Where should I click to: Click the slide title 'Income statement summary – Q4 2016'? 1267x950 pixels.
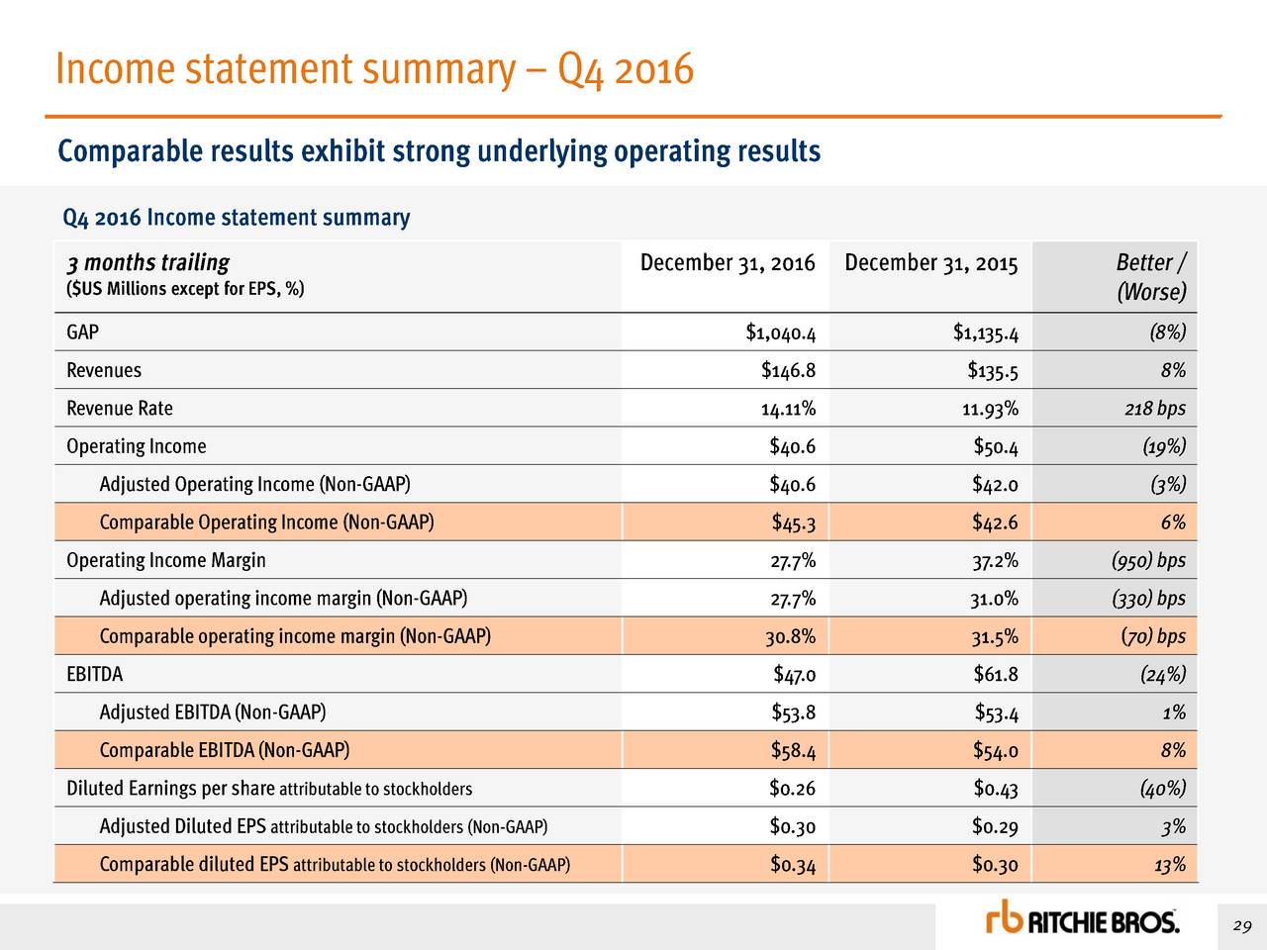pyautogui.click(x=374, y=69)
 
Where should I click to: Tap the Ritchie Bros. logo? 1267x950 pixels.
pyautogui.click(x=1082, y=921)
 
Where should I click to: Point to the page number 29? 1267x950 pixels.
pyautogui.click(x=1242, y=926)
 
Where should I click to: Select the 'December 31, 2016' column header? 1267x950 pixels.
pyautogui.click(x=728, y=263)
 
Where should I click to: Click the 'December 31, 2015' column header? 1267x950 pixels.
pyautogui.click(x=930, y=263)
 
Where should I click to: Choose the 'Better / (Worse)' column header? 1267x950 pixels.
pyautogui.click(x=1150, y=277)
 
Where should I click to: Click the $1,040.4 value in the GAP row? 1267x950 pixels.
pyautogui.click(x=780, y=332)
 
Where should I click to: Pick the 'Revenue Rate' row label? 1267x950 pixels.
pyautogui.click(x=120, y=409)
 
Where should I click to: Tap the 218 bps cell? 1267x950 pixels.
pyautogui.click(x=1155, y=409)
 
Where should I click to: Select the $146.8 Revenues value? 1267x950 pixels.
pyautogui.click(x=788, y=371)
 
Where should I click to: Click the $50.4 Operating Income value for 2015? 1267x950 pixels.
pyautogui.click(x=995, y=447)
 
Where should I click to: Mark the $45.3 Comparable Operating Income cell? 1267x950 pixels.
pyautogui.click(x=793, y=522)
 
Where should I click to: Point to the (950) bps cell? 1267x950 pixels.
pyautogui.click(x=1148, y=561)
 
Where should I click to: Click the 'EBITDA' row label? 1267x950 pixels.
pyautogui.click(x=95, y=675)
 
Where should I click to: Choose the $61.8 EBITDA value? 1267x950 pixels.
pyautogui.click(x=995, y=675)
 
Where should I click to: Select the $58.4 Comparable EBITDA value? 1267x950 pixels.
pyautogui.click(x=793, y=751)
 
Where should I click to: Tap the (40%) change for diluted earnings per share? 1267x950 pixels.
pyautogui.click(x=1162, y=789)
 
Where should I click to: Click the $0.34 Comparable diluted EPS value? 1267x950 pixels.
pyautogui.click(x=793, y=865)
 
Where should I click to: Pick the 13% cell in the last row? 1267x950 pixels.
pyautogui.click(x=1169, y=865)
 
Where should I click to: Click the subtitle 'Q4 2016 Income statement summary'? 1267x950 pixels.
pyautogui.click(x=236, y=218)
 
